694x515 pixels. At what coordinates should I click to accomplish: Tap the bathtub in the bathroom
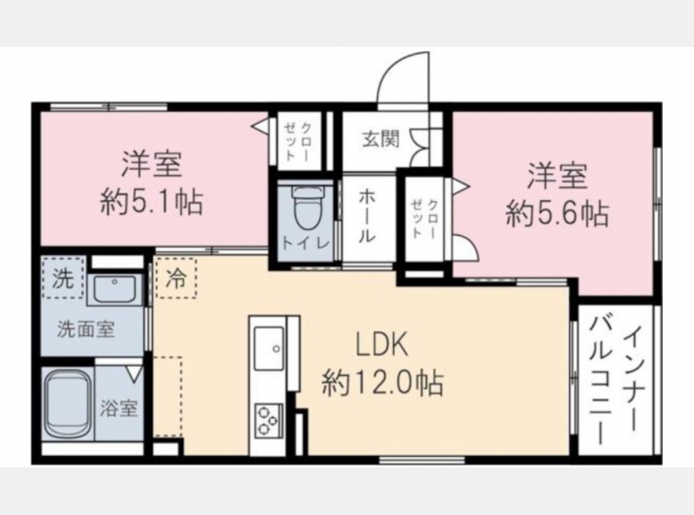pos(67,403)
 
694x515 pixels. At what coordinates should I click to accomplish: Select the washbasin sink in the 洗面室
pos(115,289)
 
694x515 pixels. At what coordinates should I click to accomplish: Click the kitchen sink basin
pos(269,349)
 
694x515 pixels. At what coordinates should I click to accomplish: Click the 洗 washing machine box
pos(62,278)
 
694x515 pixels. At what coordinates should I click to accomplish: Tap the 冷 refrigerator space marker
pos(176,278)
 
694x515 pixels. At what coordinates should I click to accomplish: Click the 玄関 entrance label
pos(381,139)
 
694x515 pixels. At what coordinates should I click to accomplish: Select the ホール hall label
pos(367,216)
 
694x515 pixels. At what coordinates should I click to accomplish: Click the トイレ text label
pos(306,244)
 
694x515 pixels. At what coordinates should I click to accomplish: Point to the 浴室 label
pos(119,408)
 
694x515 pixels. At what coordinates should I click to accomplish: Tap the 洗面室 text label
pos(86,329)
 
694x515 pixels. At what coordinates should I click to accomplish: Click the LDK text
pos(383,347)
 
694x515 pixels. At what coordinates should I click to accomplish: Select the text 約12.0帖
pos(383,382)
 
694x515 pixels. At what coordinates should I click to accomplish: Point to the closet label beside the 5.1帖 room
pos(297,140)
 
